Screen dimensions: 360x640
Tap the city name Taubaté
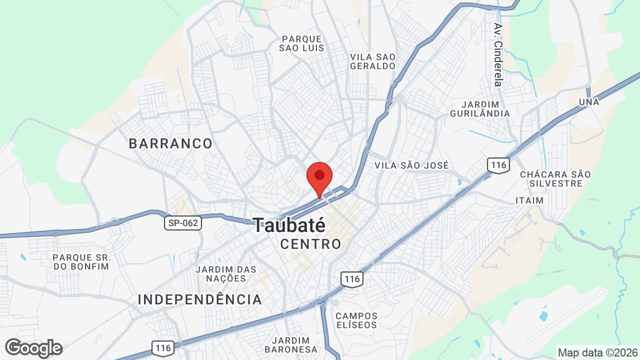pyautogui.click(x=289, y=225)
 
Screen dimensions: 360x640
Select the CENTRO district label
pyautogui.click(x=310, y=244)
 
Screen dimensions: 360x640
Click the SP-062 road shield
pyautogui.click(x=183, y=223)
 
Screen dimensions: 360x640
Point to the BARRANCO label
pyautogui.click(x=170, y=144)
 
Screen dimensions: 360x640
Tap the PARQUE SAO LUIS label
pyautogui.click(x=302, y=43)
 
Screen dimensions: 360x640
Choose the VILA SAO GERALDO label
pyautogui.click(x=372, y=61)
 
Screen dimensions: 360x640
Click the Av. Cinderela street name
pyautogui.click(x=497, y=54)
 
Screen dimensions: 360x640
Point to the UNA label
pyautogui.click(x=588, y=102)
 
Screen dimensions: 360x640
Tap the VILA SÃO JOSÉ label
pyautogui.click(x=411, y=165)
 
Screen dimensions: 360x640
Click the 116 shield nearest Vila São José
pyautogui.click(x=498, y=165)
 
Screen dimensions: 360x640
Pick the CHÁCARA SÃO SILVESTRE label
pyautogui.click(x=555, y=179)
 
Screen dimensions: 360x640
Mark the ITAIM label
pyautogui.click(x=529, y=200)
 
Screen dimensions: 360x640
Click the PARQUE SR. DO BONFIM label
pyautogui.click(x=81, y=261)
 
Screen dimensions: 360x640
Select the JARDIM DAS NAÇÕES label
pyautogui.click(x=226, y=273)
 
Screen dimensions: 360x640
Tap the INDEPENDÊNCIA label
pyautogui.click(x=200, y=299)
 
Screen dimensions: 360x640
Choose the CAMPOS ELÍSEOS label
pyautogui.click(x=356, y=320)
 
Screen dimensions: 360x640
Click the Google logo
pyautogui.click(x=33, y=348)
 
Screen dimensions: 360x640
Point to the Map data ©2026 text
pyautogui.click(x=597, y=352)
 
